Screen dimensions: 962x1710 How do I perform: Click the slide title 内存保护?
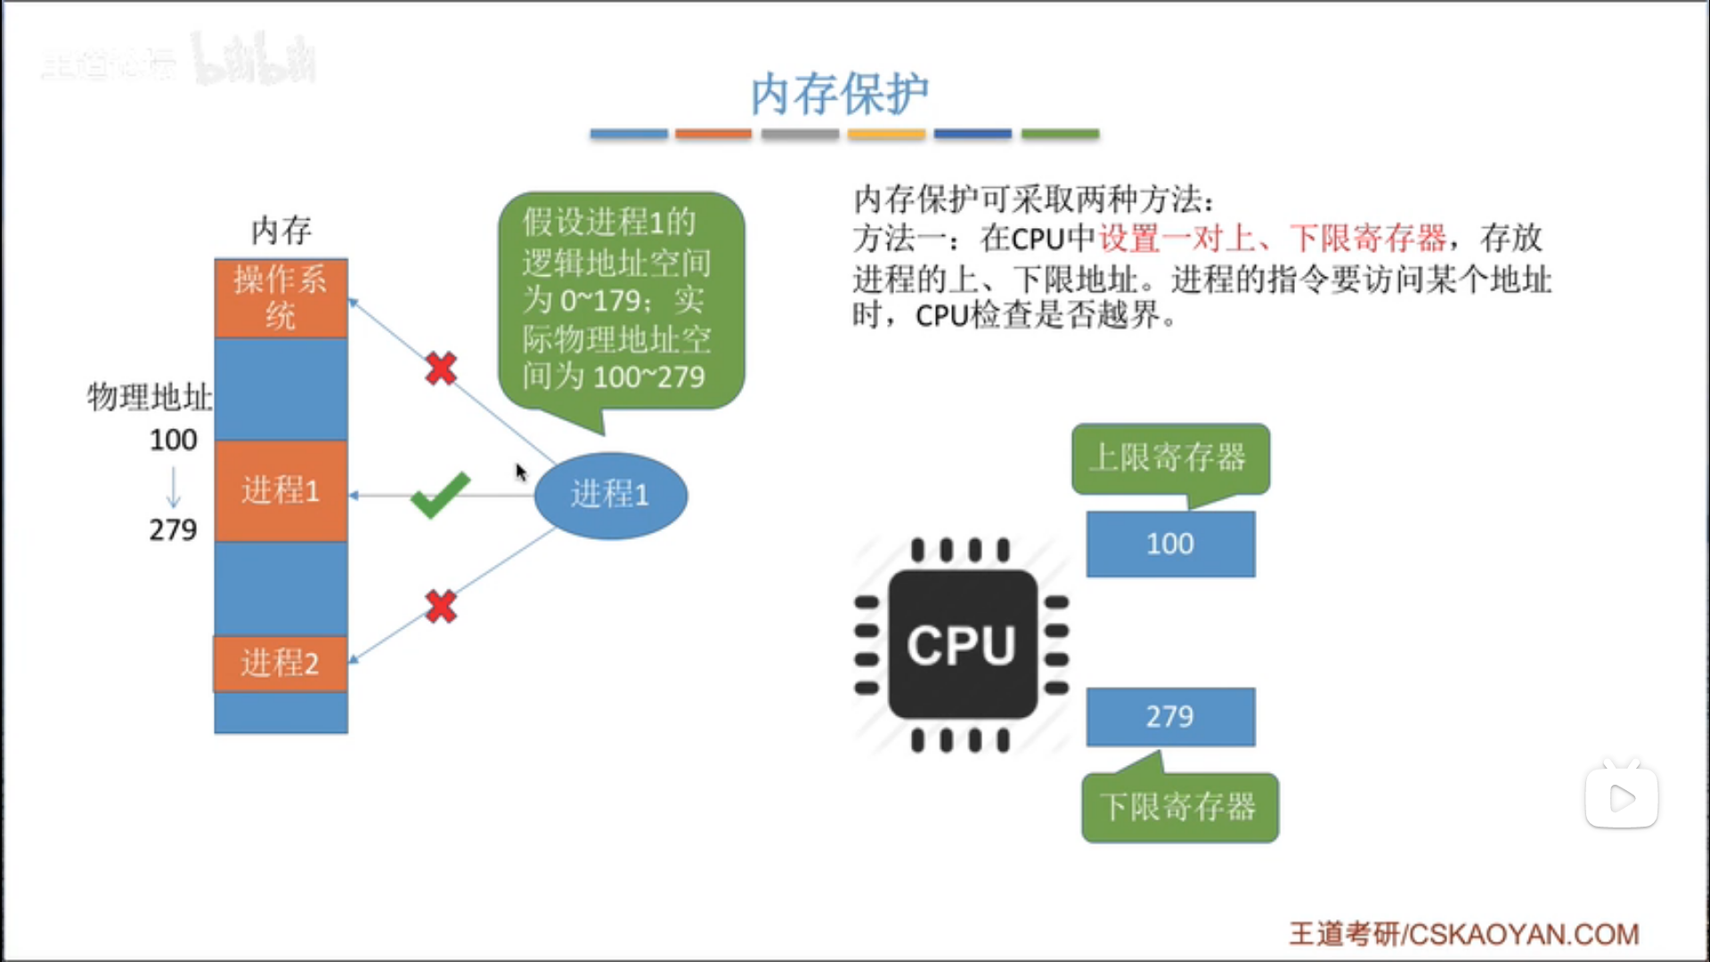(x=839, y=94)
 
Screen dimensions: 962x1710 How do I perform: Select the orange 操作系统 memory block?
(x=281, y=298)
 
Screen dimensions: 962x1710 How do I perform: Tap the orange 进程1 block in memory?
(x=281, y=491)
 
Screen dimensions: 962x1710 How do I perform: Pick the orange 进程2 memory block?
(x=281, y=664)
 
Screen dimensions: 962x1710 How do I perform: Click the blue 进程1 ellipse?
(x=611, y=495)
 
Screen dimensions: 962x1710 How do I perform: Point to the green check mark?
(x=440, y=494)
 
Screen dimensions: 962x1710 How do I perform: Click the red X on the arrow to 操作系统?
(x=441, y=368)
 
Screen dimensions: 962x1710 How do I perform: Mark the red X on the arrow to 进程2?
(x=441, y=607)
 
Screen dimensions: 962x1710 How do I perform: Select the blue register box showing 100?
(x=1170, y=543)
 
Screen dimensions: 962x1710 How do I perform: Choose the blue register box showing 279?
(x=1170, y=716)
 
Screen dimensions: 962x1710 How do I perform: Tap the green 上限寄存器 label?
(x=1170, y=458)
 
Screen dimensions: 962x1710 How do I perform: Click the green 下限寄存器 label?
(x=1179, y=807)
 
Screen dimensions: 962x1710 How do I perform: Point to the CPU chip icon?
(x=962, y=645)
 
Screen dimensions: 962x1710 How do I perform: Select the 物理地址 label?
(x=150, y=397)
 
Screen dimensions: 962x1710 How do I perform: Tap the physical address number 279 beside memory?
(x=173, y=530)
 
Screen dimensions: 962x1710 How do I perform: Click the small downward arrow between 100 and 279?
(x=174, y=486)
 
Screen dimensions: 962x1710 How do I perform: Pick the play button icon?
(x=1621, y=797)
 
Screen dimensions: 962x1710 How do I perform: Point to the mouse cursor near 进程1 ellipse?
(x=520, y=471)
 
